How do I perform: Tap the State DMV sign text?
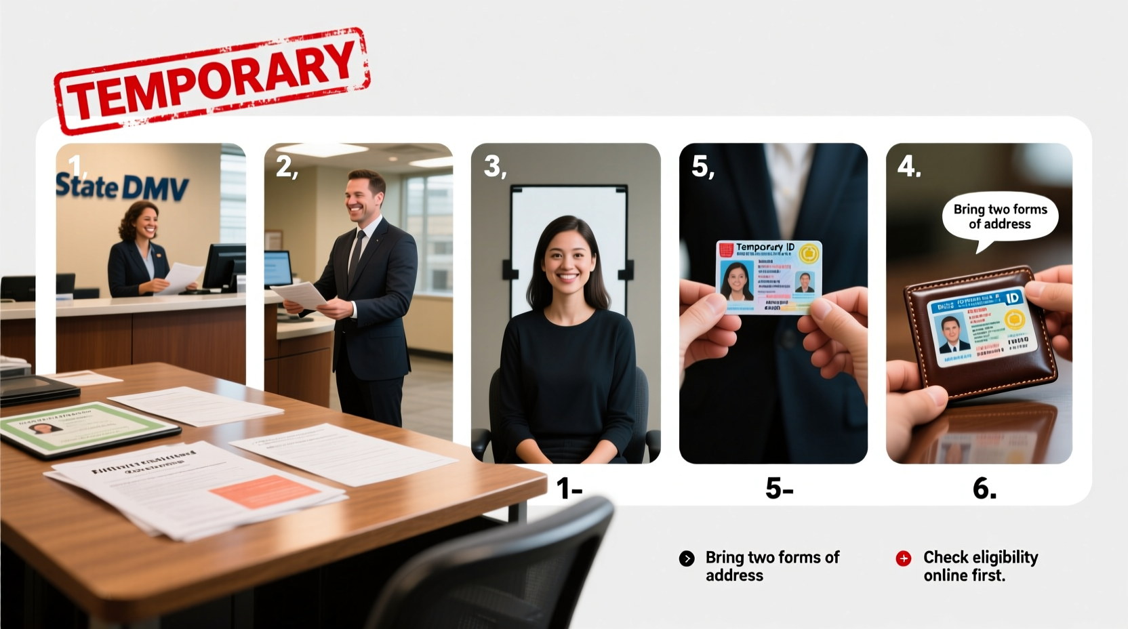pyautogui.click(x=122, y=186)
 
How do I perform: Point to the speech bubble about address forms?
pyautogui.click(x=1000, y=218)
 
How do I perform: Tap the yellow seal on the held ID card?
pyautogui.click(x=809, y=254)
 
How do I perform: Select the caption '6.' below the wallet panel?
pyautogui.click(x=984, y=488)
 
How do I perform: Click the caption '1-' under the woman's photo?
pyautogui.click(x=569, y=489)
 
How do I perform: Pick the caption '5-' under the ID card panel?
pyautogui.click(x=779, y=489)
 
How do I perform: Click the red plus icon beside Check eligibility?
pyautogui.click(x=904, y=559)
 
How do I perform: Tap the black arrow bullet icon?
pyautogui.click(x=687, y=559)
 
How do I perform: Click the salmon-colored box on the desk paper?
pyautogui.click(x=264, y=490)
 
